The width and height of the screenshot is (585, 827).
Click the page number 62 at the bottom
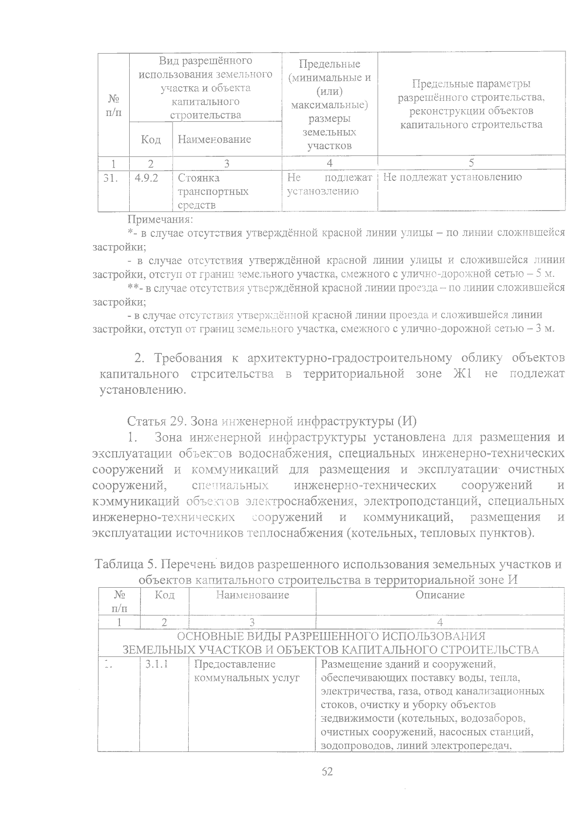click(327, 771)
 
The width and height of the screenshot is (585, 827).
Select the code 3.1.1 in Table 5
click(157, 664)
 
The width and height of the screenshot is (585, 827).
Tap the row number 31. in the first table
click(112, 178)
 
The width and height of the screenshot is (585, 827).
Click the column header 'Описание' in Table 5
click(440, 595)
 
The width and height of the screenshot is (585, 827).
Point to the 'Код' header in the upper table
click(151, 140)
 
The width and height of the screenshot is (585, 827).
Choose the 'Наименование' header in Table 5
click(252, 595)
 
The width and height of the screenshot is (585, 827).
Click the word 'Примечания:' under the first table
click(160, 219)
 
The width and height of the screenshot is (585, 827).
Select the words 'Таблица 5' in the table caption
click(125, 565)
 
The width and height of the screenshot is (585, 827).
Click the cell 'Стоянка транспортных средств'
click(214, 192)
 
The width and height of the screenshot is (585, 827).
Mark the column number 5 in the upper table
click(471, 163)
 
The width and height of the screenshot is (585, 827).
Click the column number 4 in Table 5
click(440, 622)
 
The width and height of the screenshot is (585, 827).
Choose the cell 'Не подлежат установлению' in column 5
click(452, 177)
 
